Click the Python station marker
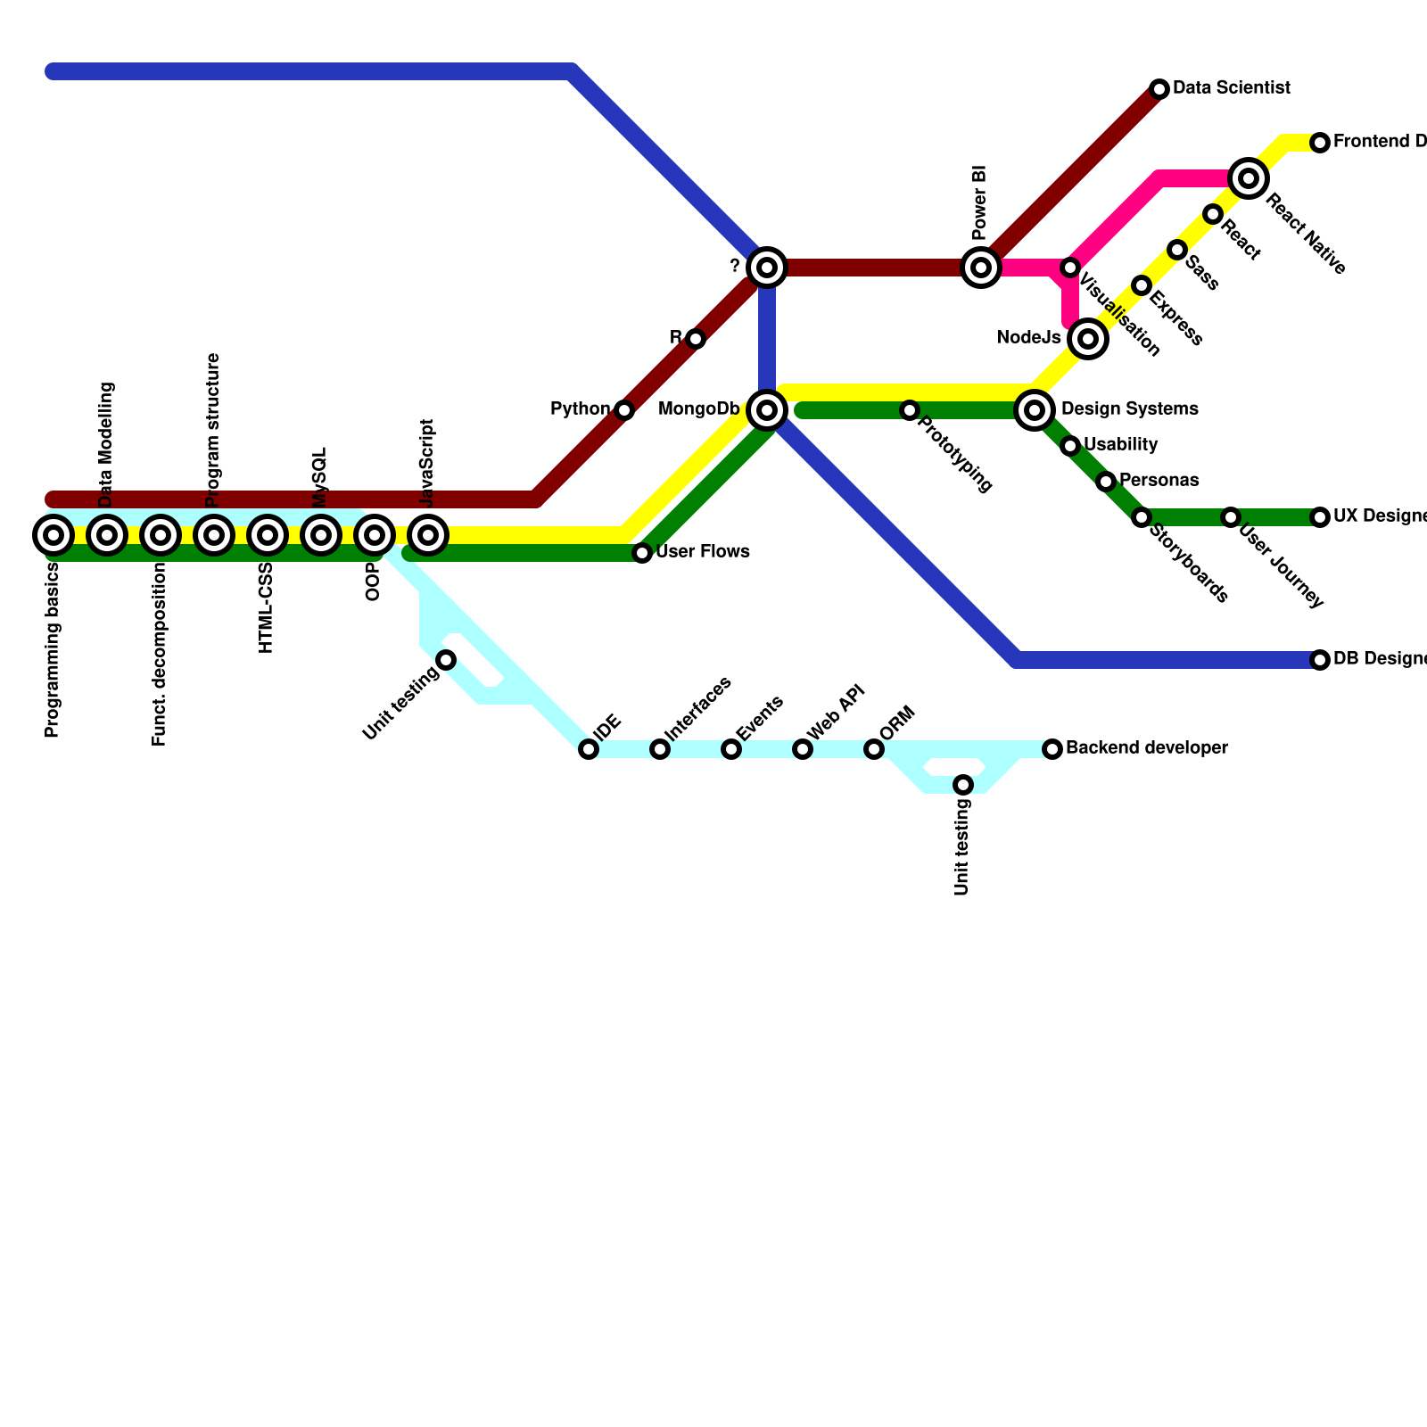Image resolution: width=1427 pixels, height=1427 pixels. click(624, 410)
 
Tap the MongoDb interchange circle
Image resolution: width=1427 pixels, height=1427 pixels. click(767, 410)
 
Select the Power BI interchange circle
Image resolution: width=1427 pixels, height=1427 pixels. click(981, 268)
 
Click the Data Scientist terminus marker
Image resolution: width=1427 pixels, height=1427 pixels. click(1159, 89)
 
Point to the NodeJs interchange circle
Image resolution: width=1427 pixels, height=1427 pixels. click(1087, 339)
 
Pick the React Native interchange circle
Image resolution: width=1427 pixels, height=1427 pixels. click(1249, 178)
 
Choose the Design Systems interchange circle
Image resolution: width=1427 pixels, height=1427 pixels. click(1035, 410)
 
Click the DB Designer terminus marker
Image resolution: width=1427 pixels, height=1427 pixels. click(1320, 660)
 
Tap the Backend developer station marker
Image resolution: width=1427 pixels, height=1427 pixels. click(1052, 749)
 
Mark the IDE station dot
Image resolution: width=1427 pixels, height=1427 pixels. click(589, 749)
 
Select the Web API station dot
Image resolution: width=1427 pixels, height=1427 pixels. click(803, 749)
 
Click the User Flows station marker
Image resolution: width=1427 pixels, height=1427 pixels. click(642, 553)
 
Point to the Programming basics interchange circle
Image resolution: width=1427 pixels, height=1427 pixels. click(54, 535)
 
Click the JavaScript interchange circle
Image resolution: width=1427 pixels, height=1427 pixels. click(428, 535)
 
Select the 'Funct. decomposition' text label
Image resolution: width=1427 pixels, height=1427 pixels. click(160, 656)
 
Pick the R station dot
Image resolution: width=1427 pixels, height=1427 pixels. click(696, 339)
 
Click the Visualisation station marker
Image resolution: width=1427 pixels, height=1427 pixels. click(1070, 268)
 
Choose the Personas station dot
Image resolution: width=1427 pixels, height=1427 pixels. click(1106, 482)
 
